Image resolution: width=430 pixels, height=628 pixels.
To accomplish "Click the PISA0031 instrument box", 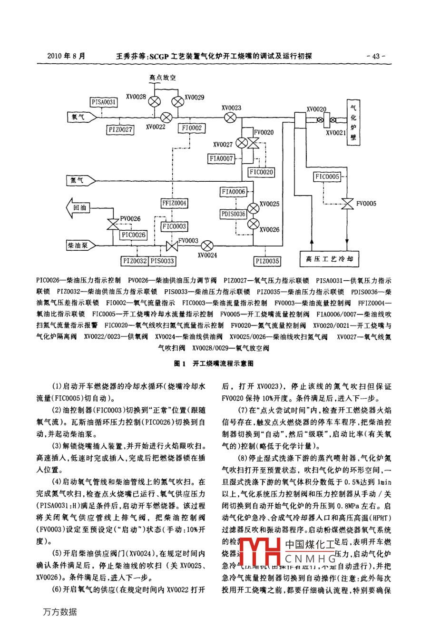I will coord(104,102).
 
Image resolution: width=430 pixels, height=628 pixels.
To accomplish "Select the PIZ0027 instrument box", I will coord(120,129).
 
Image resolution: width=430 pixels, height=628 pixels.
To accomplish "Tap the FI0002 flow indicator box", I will coord(192,128).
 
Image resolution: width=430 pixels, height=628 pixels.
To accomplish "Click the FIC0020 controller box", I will coord(261,172).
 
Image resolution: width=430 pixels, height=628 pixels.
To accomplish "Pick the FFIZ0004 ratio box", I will coord(175,203).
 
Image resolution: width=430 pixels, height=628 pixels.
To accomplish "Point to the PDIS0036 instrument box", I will coord(233,214).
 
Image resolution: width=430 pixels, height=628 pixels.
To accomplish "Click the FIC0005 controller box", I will coord(327,177).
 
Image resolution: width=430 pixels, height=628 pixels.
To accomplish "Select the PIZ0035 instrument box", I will coord(267,261).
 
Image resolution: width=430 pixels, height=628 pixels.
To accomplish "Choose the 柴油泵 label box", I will coord(78,245).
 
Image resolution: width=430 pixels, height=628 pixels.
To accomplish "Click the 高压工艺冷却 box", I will coord(329,259).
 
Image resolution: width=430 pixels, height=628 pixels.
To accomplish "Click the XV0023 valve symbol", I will coord(230,117).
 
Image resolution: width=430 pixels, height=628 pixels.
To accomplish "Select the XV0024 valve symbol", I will coord(207,245).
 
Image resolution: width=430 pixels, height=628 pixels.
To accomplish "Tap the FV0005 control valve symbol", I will coord(349,204).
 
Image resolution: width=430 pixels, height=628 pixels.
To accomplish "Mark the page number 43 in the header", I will coord(375,56).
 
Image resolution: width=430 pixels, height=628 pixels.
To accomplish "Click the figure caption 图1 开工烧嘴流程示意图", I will coord(214,363).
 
